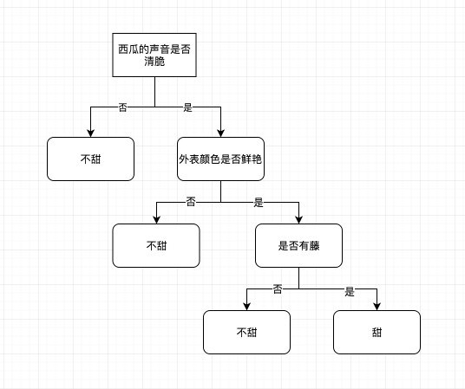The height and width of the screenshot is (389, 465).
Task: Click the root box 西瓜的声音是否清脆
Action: point(154,55)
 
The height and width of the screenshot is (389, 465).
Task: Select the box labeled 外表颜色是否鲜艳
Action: point(220,159)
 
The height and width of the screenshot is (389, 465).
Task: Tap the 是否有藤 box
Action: point(298,245)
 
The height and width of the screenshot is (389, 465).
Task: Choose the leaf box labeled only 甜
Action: point(377,332)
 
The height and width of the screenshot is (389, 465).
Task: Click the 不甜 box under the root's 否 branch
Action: point(90,159)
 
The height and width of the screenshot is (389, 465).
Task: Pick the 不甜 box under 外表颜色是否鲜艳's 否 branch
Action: point(156,245)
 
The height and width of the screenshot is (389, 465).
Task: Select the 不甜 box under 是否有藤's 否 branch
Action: point(246,332)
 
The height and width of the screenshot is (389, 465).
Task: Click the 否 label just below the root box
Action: point(122,107)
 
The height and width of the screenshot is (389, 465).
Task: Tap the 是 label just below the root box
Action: point(187,107)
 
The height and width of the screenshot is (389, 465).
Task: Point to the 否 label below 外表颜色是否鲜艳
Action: point(190,202)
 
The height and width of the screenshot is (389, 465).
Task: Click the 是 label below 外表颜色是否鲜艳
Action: point(259,203)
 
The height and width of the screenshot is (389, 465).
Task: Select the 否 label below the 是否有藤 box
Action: point(278,289)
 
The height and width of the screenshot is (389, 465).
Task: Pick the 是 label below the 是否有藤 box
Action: point(350,291)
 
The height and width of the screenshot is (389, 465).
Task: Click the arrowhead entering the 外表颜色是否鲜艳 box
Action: point(220,133)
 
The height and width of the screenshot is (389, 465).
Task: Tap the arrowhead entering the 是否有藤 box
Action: point(298,220)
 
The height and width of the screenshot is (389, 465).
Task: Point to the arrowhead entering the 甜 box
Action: point(377,307)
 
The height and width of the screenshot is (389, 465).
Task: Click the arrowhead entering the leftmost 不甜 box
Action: point(90,133)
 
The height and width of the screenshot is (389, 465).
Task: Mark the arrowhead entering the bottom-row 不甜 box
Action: point(246,307)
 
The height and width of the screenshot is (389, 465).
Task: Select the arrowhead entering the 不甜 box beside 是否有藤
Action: point(156,220)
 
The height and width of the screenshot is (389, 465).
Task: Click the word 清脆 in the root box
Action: point(154,62)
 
